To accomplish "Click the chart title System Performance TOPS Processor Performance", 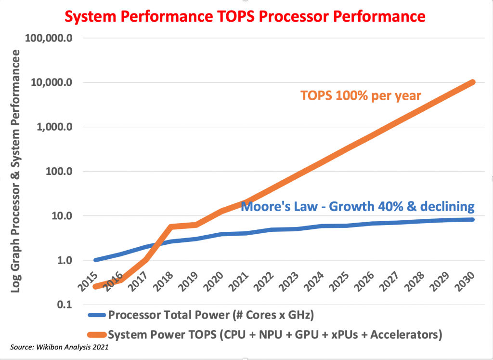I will click(245, 16).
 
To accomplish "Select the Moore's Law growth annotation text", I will click(357, 207).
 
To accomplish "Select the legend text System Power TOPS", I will click(274, 333).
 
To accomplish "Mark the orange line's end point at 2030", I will click(473, 82).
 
